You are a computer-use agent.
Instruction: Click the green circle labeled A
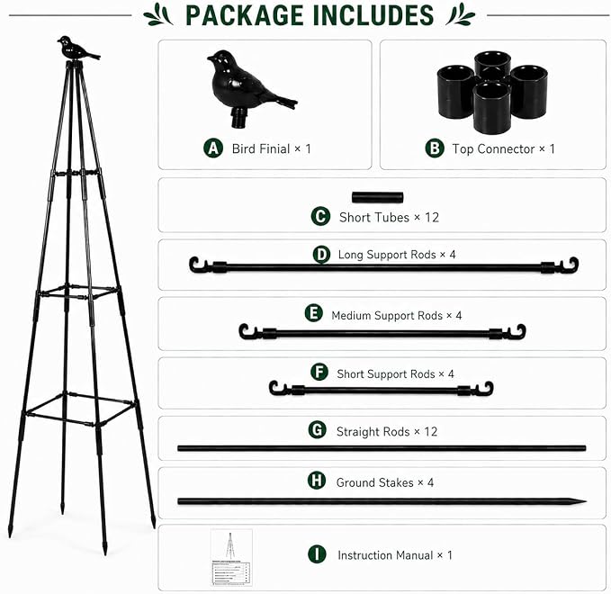click(213, 148)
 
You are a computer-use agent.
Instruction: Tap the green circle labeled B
click(435, 148)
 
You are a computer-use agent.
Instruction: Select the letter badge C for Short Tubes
click(320, 216)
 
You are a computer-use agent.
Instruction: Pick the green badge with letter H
click(317, 481)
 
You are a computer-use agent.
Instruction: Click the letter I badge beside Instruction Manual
click(317, 554)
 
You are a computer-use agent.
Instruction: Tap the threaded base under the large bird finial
click(238, 118)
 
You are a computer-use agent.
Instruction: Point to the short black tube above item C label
click(377, 197)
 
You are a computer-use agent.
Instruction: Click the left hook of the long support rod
click(195, 265)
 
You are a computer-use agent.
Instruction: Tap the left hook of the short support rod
click(275, 388)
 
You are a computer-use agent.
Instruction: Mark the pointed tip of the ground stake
click(585, 501)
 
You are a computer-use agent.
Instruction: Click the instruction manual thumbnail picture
click(231, 557)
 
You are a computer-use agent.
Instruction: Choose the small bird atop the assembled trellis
click(78, 49)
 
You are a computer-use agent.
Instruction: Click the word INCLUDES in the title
click(373, 15)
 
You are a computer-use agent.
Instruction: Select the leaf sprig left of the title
click(157, 14)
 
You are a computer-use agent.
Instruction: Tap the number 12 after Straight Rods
click(431, 431)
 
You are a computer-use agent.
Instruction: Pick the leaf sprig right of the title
click(461, 14)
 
